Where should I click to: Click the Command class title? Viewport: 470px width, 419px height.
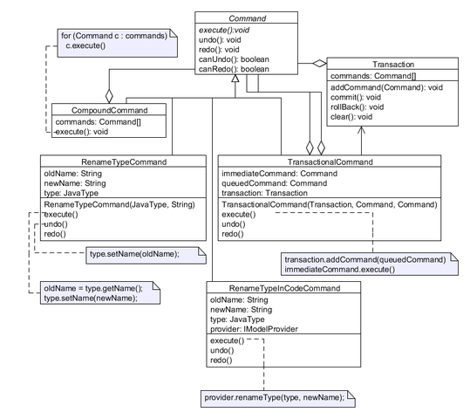point(248,18)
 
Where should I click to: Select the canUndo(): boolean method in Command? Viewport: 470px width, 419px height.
point(234,59)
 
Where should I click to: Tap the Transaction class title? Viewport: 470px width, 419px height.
point(393,65)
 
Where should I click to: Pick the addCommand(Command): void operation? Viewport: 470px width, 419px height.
point(386,87)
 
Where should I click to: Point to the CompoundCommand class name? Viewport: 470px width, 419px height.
point(109,111)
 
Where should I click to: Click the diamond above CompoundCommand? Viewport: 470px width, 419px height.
point(109,96)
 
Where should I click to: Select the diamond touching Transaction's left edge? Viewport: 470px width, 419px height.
point(319,64)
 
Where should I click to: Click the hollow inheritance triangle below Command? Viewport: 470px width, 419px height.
point(235,78)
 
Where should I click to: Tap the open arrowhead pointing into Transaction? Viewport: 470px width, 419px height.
point(361,130)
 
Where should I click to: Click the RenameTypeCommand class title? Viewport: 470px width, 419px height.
point(124,162)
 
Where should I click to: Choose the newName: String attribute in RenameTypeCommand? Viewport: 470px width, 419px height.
point(75,183)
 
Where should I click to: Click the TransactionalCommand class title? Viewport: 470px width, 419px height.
point(330,162)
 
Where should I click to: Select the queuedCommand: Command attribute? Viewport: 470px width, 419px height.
point(275,183)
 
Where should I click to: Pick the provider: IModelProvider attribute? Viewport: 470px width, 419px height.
point(254,329)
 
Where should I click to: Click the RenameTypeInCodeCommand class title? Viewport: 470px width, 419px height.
point(284,288)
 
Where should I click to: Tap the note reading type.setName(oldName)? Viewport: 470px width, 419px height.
point(146,256)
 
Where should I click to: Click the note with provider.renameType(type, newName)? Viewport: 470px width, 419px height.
point(278,399)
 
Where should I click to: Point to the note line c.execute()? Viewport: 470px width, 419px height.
point(85,46)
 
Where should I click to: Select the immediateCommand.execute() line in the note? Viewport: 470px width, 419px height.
point(339,270)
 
